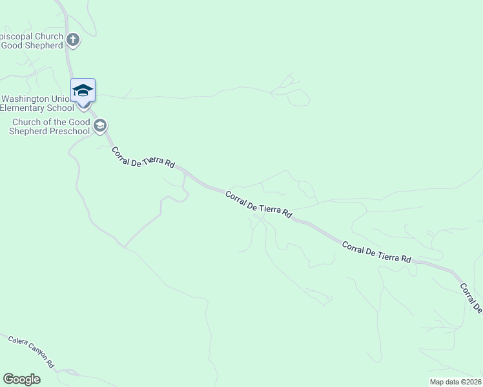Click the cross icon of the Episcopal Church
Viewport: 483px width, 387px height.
tap(73, 40)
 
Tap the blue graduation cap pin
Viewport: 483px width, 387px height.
tap(83, 90)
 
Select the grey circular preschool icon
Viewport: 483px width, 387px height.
tap(99, 126)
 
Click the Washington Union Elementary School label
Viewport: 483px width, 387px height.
tap(39, 103)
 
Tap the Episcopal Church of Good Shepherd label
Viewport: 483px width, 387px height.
tap(32, 41)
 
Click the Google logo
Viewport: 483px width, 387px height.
tap(21, 379)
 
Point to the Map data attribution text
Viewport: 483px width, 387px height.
tap(456, 382)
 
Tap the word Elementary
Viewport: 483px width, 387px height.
tap(19, 108)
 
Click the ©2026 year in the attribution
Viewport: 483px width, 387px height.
tap(471, 382)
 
